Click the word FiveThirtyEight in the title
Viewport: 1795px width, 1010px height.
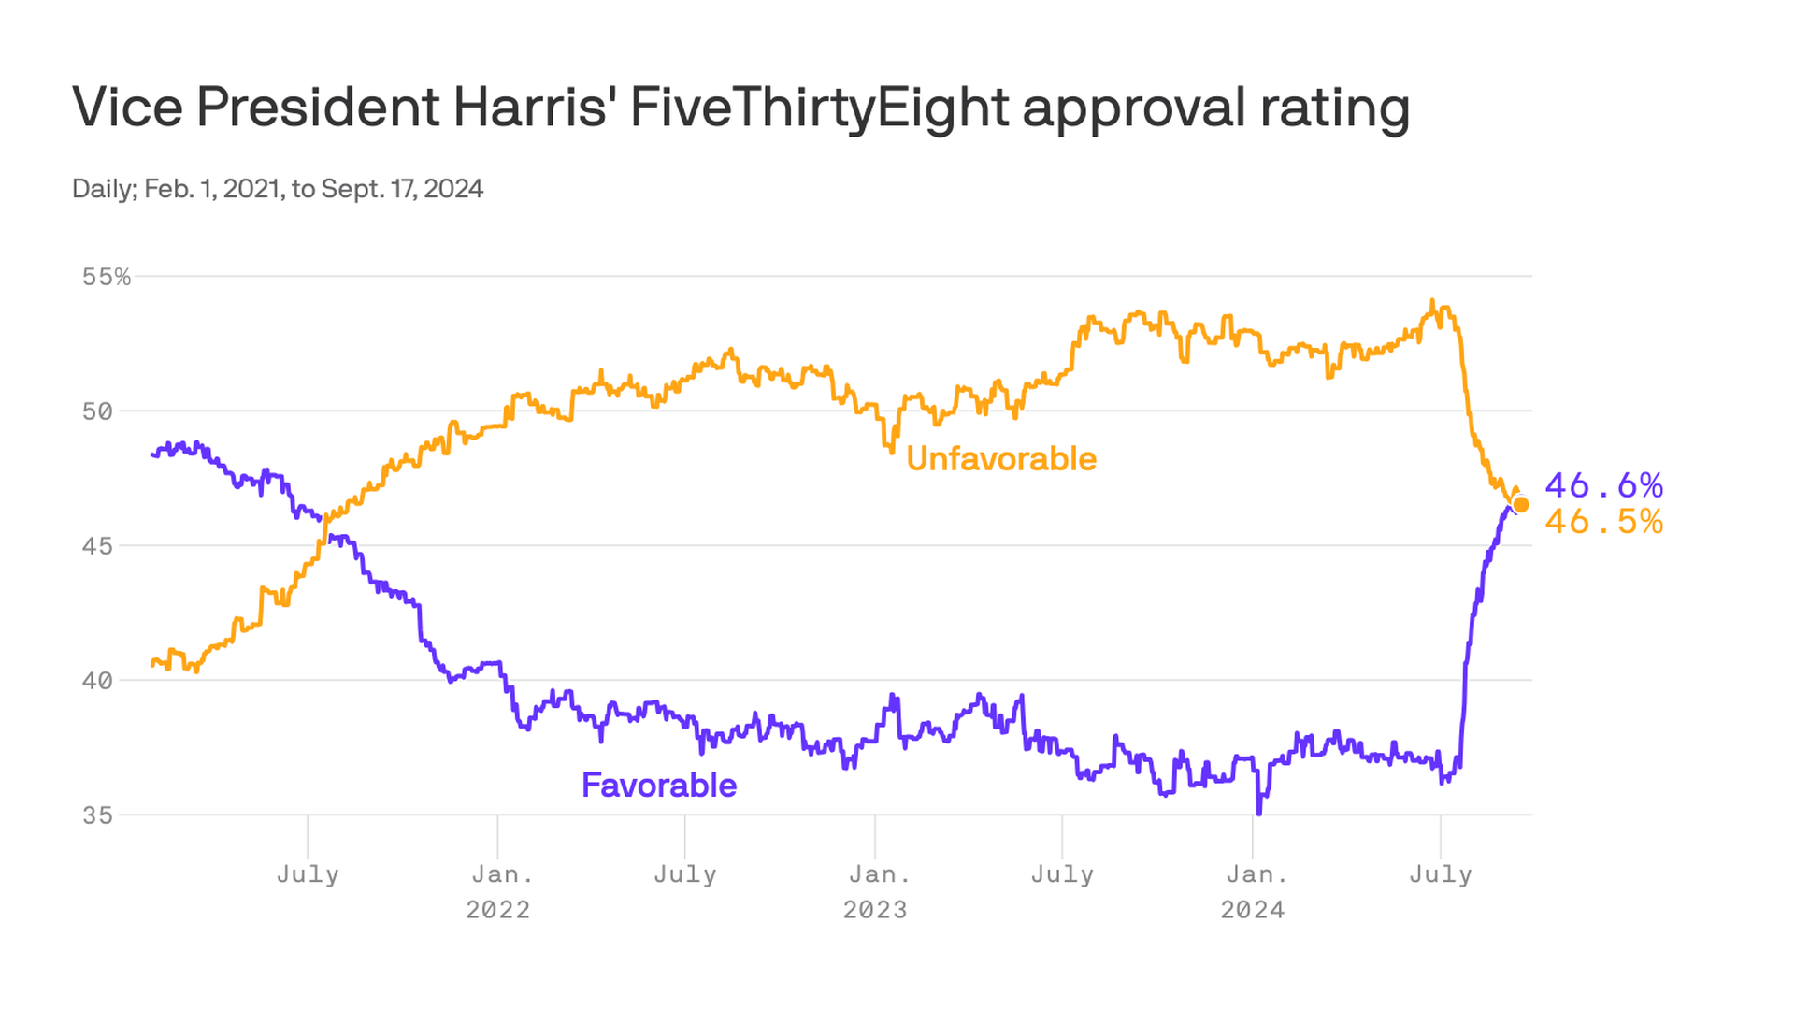coord(819,108)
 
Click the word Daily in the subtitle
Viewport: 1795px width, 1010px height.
coord(105,189)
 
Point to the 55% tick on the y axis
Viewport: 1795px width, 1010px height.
coord(107,277)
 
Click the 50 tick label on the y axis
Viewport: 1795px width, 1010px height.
coord(97,411)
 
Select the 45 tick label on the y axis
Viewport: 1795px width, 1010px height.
coord(97,546)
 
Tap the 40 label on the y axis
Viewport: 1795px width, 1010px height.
coord(97,681)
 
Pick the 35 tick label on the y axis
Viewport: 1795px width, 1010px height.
coord(97,815)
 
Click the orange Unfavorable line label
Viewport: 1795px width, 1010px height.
coord(1001,459)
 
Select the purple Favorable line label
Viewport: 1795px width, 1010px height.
coord(659,786)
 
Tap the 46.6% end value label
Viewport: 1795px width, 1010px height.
coord(1604,485)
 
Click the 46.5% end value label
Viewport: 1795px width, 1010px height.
coord(1604,522)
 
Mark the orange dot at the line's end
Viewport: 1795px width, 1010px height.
coord(1521,505)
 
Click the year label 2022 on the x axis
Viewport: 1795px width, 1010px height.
coord(498,910)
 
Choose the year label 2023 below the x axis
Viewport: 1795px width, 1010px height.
coord(875,910)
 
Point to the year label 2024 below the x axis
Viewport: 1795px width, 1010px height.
coord(1253,910)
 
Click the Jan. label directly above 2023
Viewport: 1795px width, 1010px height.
coord(878,874)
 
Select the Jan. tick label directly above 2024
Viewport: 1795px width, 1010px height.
coord(1256,874)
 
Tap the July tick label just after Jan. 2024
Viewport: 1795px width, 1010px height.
coord(1441,874)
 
